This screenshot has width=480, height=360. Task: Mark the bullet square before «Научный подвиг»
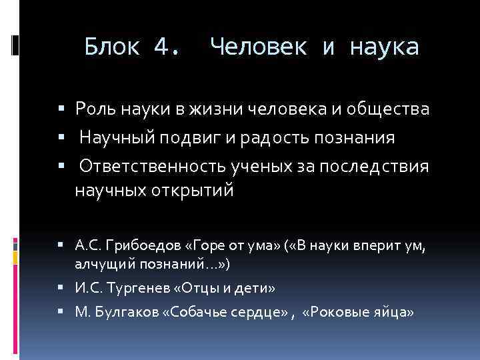point(61,138)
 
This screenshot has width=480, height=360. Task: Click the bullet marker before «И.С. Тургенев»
point(61,288)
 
